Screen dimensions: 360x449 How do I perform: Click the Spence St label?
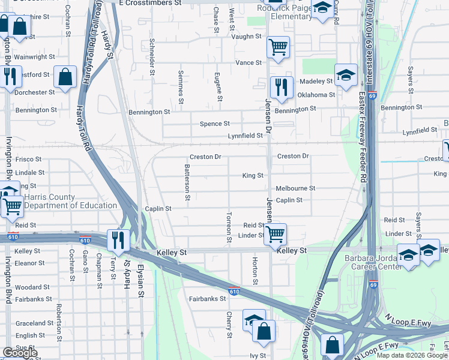point(214,124)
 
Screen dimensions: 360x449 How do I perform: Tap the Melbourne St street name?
point(295,188)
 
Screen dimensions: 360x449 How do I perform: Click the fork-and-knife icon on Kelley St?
point(118,239)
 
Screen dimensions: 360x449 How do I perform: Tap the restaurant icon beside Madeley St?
point(281,87)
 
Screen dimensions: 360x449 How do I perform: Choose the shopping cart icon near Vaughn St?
point(278,47)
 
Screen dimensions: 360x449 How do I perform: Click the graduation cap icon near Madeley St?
point(345,75)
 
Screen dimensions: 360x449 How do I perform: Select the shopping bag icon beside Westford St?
point(65,76)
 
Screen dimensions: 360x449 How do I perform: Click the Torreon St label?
point(229,227)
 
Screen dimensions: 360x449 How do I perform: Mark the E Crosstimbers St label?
point(150,3)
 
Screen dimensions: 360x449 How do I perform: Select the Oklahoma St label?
point(316,95)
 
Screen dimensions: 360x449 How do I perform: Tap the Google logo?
point(20,353)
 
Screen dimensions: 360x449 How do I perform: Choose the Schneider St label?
point(152,58)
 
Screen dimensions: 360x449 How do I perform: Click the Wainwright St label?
point(35,57)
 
